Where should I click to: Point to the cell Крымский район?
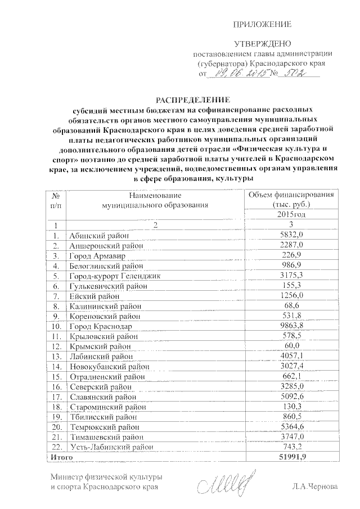(x=96, y=346)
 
